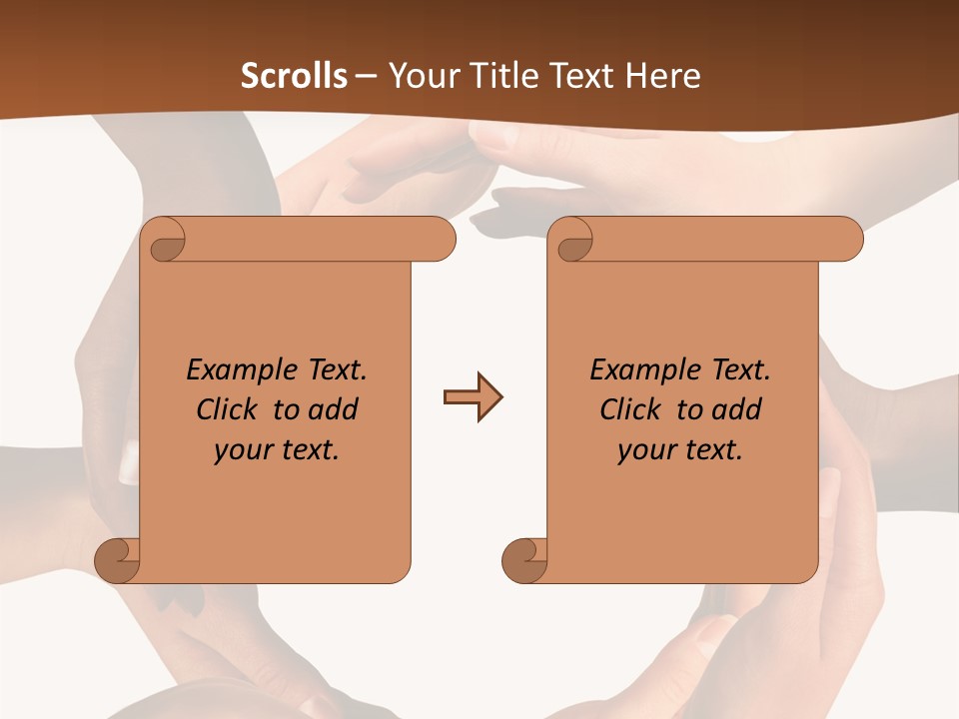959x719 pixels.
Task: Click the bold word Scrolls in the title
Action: point(294,76)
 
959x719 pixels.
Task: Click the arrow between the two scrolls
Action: point(473,397)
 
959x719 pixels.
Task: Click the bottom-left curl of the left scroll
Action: point(117,561)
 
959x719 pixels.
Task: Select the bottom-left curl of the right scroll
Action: point(524,561)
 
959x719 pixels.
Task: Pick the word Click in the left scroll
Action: point(229,410)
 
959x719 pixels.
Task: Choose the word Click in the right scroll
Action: point(632,410)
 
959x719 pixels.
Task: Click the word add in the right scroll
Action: point(737,410)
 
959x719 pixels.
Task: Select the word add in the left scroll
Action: point(334,410)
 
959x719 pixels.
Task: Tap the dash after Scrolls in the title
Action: point(366,76)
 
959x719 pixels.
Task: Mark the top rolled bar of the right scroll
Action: point(709,240)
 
